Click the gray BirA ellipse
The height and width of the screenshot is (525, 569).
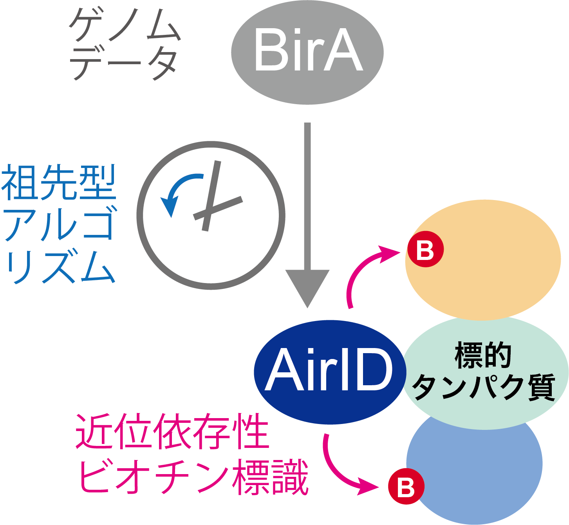pyautogui.click(x=307, y=52)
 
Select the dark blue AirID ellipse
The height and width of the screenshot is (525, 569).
pyautogui.click(x=330, y=372)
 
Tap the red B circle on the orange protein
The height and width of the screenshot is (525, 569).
pyautogui.click(x=425, y=249)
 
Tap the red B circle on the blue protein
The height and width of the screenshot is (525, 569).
pyautogui.click(x=406, y=486)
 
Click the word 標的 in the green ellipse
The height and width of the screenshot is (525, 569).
pyautogui.click(x=483, y=355)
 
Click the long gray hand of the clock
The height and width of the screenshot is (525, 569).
pyautogui.click(x=211, y=196)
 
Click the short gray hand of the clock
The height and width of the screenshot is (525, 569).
pyautogui.click(x=218, y=208)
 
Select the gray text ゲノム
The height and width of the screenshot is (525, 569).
pyautogui.click(x=125, y=25)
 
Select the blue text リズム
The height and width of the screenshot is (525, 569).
pyautogui.click(x=61, y=267)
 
